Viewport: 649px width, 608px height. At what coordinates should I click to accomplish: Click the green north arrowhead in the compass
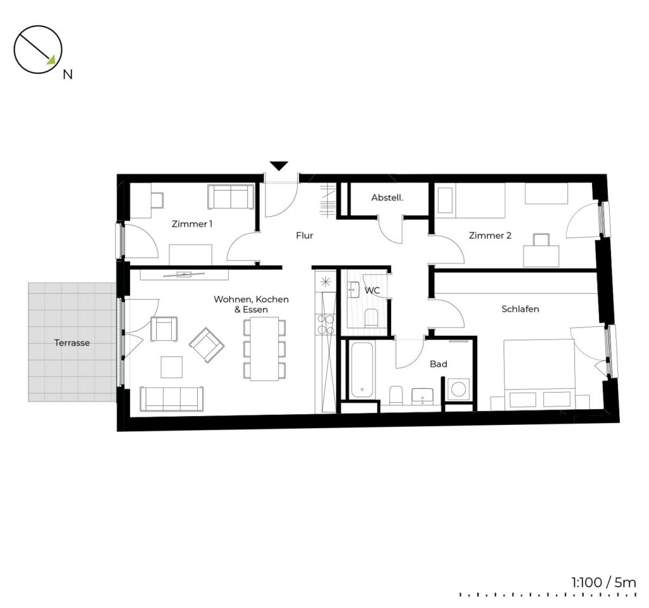point(51,61)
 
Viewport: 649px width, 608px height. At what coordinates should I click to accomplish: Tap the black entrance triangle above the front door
point(279,165)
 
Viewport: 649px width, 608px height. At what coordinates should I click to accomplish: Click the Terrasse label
point(72,343)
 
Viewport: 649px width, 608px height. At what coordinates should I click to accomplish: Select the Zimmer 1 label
point(192,224)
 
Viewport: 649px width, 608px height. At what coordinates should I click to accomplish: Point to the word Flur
point(305,236)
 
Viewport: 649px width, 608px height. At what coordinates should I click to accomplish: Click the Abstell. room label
point(387,198)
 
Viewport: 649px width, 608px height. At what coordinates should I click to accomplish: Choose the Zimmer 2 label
point(490,236)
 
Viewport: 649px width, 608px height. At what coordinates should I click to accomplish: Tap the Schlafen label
point(520,309)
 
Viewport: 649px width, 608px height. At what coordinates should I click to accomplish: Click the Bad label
point(439,364)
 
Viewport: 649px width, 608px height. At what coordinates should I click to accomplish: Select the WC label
point(372,291)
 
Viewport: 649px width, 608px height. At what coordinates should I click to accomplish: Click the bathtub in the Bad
point(362,370)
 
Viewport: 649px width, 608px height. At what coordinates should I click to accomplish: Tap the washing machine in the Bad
point(458,389)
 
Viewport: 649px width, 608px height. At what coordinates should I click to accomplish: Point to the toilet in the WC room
point(371,318)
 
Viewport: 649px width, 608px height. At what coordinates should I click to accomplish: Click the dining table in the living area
point(264,349)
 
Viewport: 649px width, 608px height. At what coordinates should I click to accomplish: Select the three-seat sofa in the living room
point(172,399)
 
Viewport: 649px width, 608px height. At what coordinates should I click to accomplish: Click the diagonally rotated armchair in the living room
point(207,345)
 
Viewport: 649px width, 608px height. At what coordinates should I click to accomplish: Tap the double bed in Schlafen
point(539,374)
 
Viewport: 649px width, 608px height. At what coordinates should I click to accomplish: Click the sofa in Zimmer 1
point(231,197)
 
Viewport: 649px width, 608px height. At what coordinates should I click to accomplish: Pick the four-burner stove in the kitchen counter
point(325,324)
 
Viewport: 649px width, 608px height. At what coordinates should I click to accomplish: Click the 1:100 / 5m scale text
point(604,583)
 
